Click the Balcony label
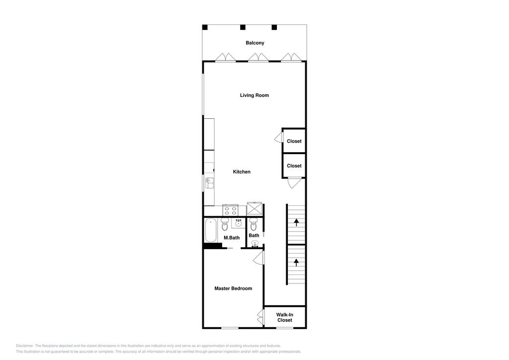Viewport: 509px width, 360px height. click(x=255, y=43)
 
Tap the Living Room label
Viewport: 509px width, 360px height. click(x=254, y=95)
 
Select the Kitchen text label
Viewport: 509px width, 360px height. click(x=242, y=172)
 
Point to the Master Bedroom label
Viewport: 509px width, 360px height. click(x=233, y=288)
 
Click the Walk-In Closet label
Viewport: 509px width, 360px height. click(x=285, y=317)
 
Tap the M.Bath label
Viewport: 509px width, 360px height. click(x=232, y=238)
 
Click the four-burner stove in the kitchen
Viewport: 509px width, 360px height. click(x=231, y=210)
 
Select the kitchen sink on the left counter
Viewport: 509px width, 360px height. click(x=209, y=183)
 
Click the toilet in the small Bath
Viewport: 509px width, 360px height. click(x=254, y=224)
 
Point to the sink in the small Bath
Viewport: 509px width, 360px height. click(x=255, y=244)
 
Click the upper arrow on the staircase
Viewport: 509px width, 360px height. click(x=296, y=223)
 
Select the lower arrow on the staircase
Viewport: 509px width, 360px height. click(x=296, y=262)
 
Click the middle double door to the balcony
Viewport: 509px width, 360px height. click(x=258, y=58)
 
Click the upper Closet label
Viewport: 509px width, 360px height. click(x=294, y=141)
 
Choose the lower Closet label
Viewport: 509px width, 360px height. click(x=294, y=166)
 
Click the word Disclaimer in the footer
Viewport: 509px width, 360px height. click(x=24, y=346)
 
